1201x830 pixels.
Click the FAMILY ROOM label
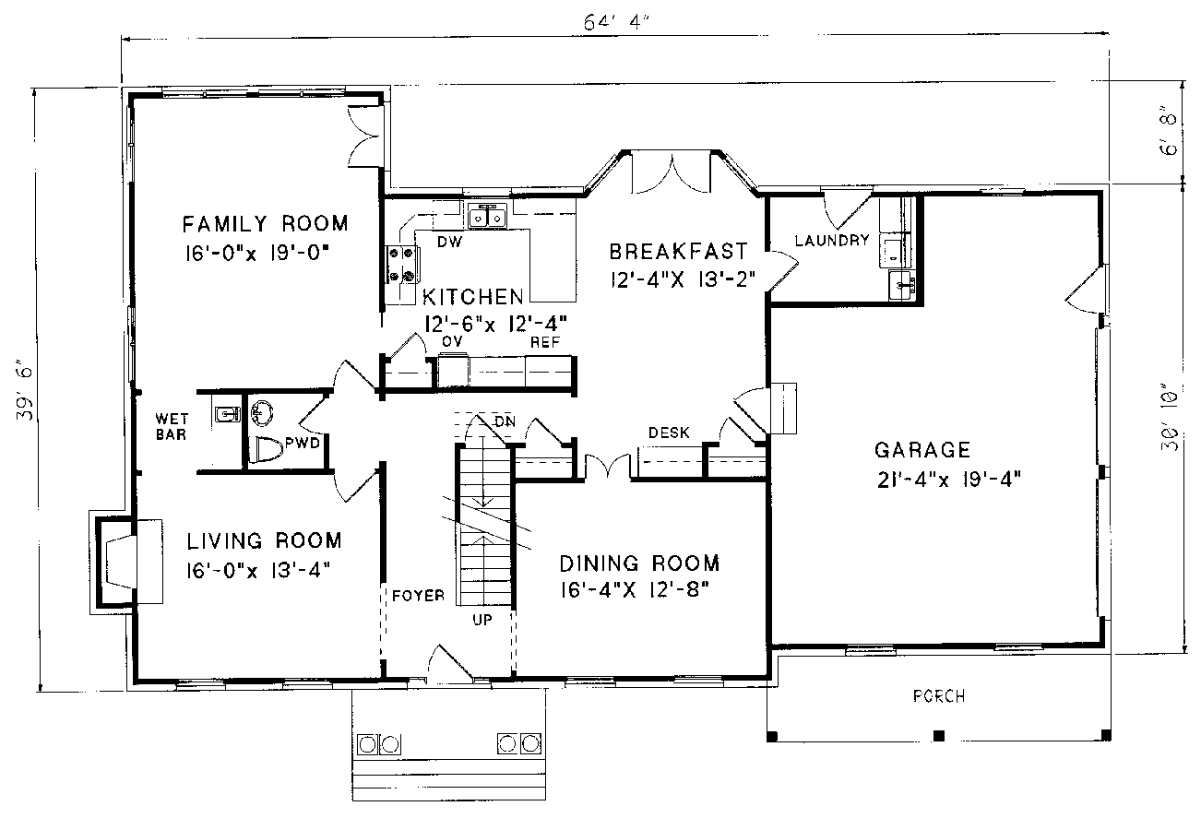(x=265, y=224)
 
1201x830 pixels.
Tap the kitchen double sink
(x=487, y=216)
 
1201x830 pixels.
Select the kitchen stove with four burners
(x=402, y=265)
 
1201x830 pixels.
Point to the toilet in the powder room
(x=267, y=449)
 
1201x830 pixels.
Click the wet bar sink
(x=227, y=414)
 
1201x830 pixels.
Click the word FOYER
(x=418, y=596)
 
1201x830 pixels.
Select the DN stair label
(x=505, y=421)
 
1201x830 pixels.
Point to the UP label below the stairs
(x=482, y=620)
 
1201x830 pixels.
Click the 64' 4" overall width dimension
(x=616, y=22)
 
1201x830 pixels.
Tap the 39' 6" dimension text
(x=25, y=394)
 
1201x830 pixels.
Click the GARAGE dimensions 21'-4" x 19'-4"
(x=948, y=480)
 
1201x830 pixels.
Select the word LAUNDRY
(x=832, y=240)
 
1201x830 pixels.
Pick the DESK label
(x=669, y=433)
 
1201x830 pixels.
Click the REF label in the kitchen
(x=545, y=342)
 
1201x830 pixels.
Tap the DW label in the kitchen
(x=449, y=242)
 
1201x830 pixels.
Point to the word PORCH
(x=939, y=696)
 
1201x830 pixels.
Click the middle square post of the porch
(x=939, y=736)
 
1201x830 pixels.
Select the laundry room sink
(x=902, y=285)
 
